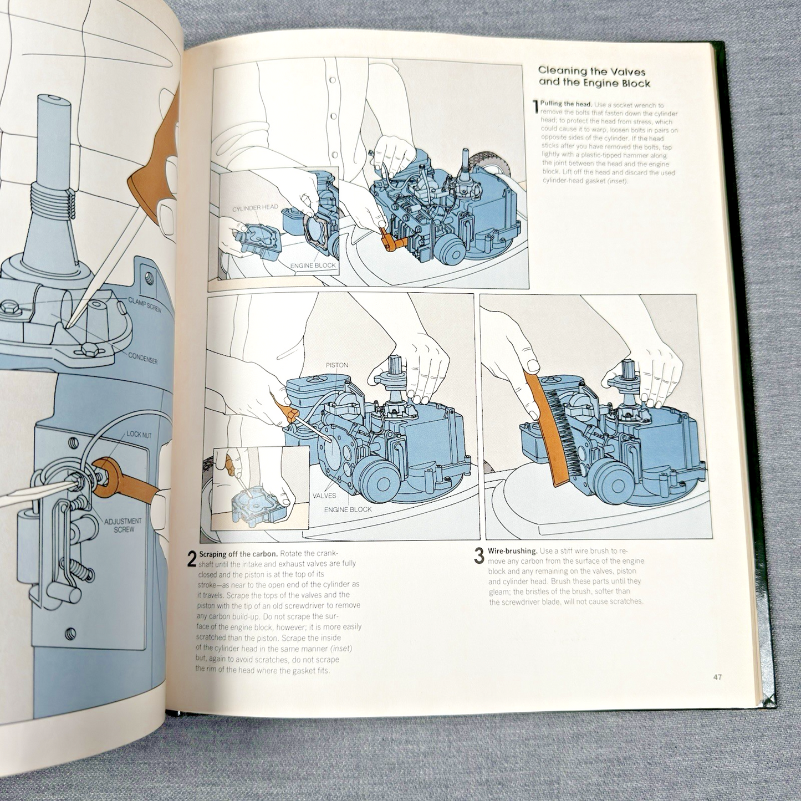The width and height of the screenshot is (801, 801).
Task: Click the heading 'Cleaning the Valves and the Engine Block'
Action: coord(594,76)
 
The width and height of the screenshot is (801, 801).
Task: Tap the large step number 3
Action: coord(479,556)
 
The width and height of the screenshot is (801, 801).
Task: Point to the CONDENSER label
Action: coord(142,358)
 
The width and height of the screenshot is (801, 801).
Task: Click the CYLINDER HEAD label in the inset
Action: coord(256,207)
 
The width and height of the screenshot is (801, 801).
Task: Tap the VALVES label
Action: coord(325,496)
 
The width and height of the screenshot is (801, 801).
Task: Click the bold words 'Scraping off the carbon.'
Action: coord(236,554)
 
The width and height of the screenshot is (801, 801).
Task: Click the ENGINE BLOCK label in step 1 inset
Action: coord(313,265)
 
